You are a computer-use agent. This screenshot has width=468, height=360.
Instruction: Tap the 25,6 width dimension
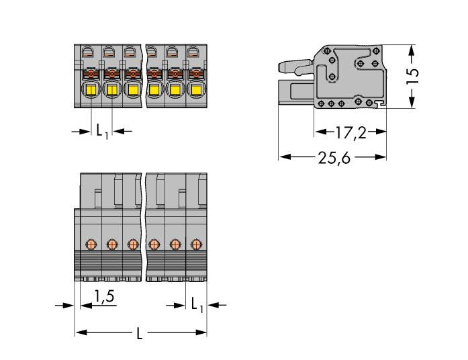click(x=332, y=159)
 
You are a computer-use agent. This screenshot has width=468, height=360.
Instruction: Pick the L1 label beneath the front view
click(x=101, y=132)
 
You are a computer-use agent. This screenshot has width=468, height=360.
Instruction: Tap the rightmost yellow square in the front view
click(x=196, y=91)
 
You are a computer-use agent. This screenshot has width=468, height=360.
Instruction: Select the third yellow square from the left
click(x=133, y=91)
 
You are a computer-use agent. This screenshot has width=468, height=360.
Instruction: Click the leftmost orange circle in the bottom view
click(x=91, y=244)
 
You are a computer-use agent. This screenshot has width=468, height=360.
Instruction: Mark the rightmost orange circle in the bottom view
click(x=196, y=244)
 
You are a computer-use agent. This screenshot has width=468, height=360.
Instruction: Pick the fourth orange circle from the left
click(x=154, y=244)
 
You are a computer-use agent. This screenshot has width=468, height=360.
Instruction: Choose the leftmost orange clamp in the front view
click(x=91, y=73)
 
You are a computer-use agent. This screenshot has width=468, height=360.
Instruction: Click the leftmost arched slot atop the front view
click(x=87, y=51)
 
